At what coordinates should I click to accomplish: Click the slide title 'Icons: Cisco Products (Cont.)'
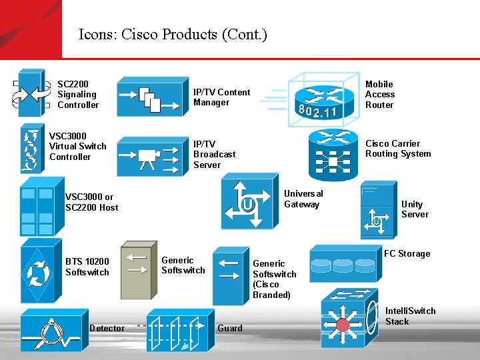(173, 34)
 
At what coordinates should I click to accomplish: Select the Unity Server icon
(377, 210)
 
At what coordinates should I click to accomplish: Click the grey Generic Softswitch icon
(137, 269)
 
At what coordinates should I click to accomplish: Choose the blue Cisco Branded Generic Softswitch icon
(230, 275)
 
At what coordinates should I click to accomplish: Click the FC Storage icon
(345, 263)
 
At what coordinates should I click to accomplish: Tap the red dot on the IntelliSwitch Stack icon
(343, 325)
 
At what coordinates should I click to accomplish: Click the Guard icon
(177, 329)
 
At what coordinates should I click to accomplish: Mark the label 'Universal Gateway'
(303, 199)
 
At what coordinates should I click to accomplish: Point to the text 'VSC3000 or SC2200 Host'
(91, 202)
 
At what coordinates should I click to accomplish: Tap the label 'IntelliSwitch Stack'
(410, 316)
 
